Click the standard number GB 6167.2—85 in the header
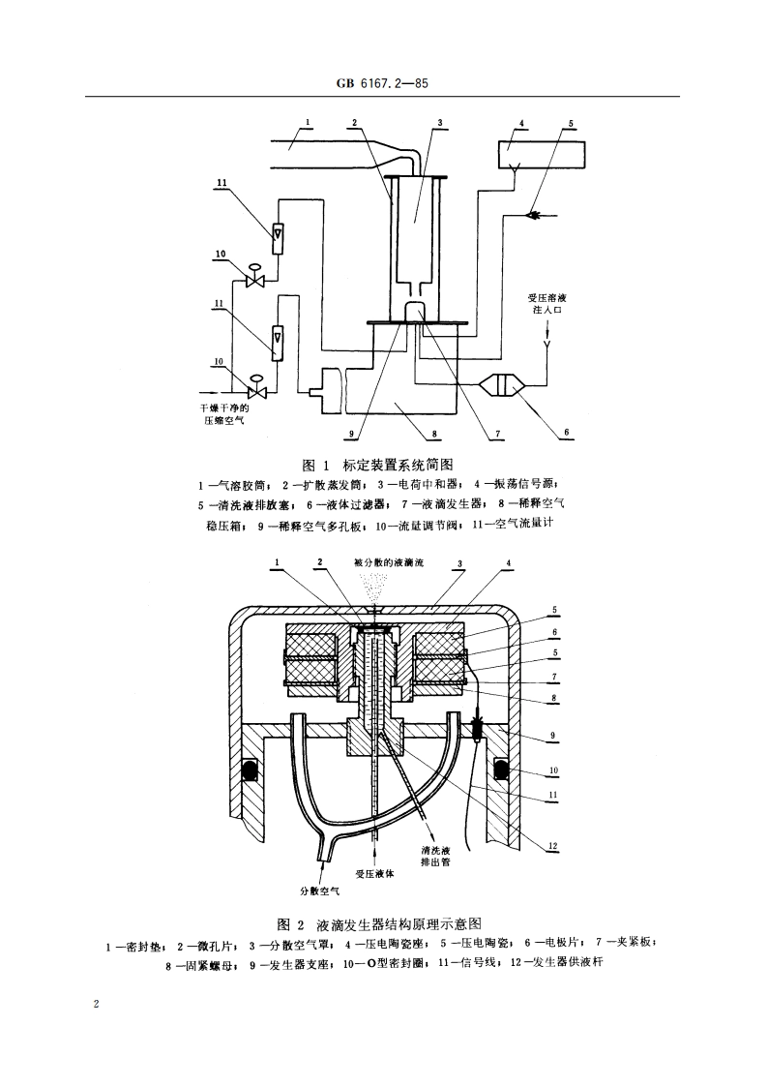click(x=383, y=84)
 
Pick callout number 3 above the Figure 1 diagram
click(x=439, y=124)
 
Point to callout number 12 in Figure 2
click(x=553, y=845)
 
